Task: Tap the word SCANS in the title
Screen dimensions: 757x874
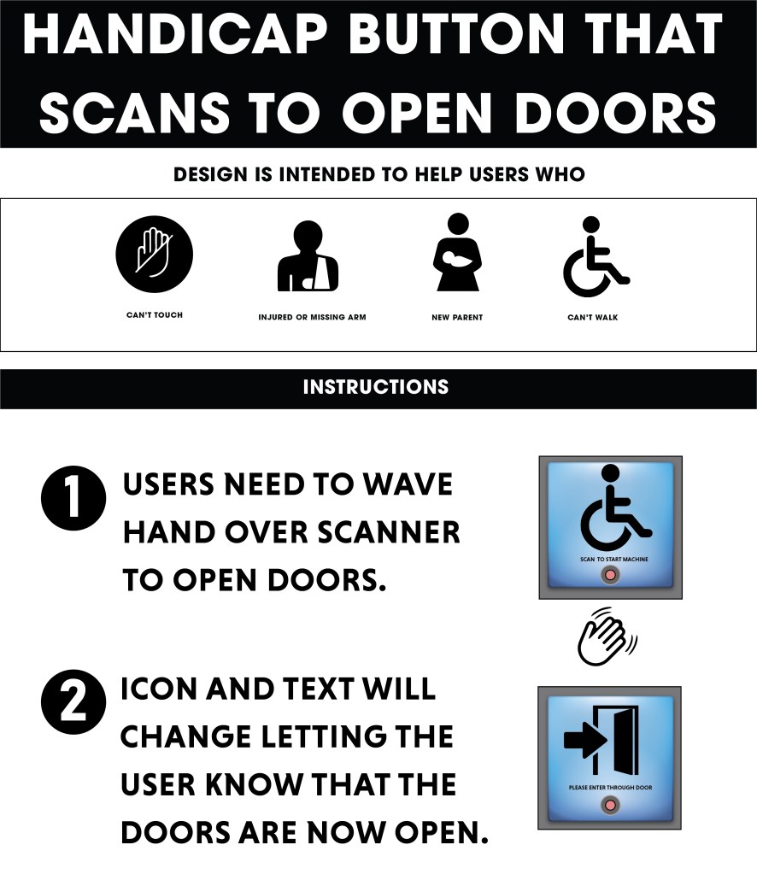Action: click(x=134, y=112)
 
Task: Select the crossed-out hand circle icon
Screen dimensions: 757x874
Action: click(x=155, y=255)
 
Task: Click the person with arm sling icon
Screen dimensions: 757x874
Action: click(x=308, y=255)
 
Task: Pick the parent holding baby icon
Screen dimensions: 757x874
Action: click(x=457, y=252)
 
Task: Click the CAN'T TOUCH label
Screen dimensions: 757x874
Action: click(x=155, y=315)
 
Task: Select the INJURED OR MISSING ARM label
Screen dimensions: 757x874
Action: click(x=312, y=317)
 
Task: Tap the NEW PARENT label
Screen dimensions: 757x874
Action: click(x=457, y=317)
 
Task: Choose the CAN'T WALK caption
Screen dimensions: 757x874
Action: click(x=593, y=317)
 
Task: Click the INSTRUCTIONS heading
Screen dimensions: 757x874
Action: click(x=376, y=387)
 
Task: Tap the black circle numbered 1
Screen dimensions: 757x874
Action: click(x=73, y=498)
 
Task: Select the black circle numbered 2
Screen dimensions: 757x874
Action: click(x=73, y=702)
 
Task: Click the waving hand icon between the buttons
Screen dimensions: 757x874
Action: click(x=607, y=636)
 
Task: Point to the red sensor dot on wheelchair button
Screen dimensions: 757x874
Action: click(x=611, y=575)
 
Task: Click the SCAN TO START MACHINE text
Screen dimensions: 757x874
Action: click(x=613, y=559)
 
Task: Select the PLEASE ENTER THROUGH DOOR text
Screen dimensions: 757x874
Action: click(x=610, y=788)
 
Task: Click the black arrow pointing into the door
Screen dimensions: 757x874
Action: click(x=585, y=740)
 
